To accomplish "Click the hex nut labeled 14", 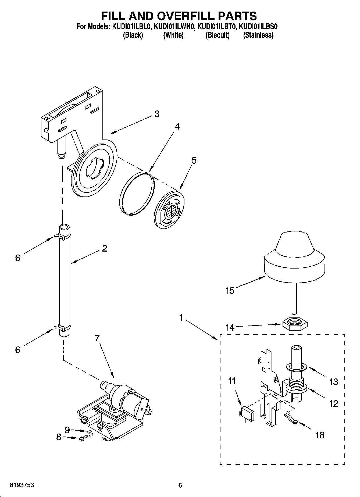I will (295, 322).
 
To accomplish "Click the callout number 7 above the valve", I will (97, 338).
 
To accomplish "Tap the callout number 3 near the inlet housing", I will (157, 114).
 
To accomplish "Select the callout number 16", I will (320, 435).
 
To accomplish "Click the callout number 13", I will (333, 382).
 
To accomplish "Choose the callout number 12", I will (333, 404).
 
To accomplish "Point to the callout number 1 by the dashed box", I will (181, 318).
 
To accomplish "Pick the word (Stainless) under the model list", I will (258, 35).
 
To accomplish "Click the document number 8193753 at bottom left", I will (22, 485).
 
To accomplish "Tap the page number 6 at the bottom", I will (180, 485).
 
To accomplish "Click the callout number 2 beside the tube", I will (105, 248).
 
